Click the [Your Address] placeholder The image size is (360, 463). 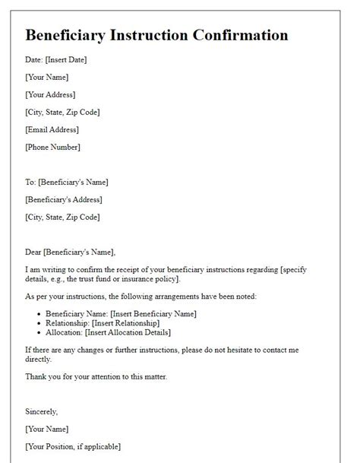[50, 95]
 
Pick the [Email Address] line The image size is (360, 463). [52, 130]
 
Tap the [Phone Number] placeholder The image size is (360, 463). [52, 147]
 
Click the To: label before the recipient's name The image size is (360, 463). [31, 182]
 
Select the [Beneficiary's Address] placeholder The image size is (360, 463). [63, 200]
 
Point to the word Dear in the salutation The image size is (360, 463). [33, 252]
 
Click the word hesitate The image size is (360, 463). [257, 349]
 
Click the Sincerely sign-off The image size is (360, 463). [41, 411]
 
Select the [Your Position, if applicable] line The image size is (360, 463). [73, 446]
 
